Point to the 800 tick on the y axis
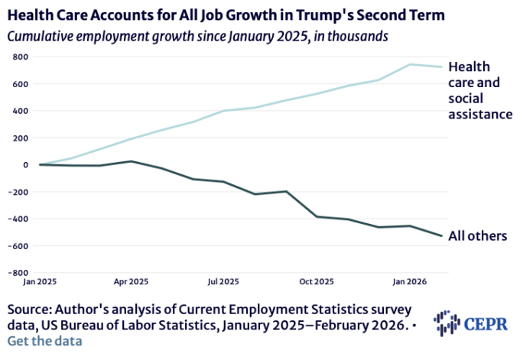point(20,57)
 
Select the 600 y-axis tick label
point(20,84)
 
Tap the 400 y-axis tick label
point(20,111)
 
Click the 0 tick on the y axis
point(24,164)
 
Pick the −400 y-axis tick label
point(18,219)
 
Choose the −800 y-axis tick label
point(18,272)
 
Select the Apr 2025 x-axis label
point(130,281)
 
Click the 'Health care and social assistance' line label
point(479,91)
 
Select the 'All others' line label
point(478,235)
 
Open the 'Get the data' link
point(45,341)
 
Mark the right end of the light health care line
point(441,66)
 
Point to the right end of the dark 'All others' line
point(441,235)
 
